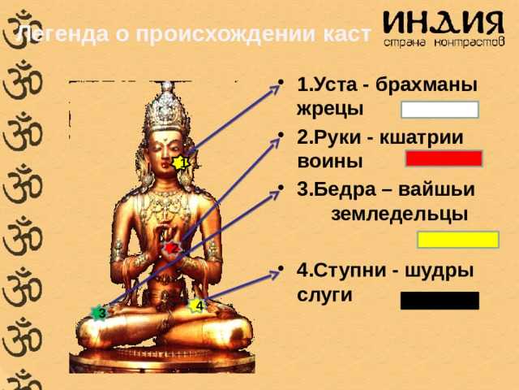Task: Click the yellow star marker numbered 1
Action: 181,162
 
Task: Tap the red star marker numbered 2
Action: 171,248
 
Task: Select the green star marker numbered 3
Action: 100,313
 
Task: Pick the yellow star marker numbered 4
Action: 197,305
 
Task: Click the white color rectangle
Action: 440,110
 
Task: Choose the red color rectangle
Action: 444,158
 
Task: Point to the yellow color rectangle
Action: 458,240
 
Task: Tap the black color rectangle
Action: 440,301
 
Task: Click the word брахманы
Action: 427,84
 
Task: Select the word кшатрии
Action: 421,137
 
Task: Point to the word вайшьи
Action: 436,189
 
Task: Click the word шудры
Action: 439,271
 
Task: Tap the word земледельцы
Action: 400,214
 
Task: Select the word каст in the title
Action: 347,34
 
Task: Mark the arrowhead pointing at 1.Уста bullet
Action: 277,89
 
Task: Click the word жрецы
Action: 330,109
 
